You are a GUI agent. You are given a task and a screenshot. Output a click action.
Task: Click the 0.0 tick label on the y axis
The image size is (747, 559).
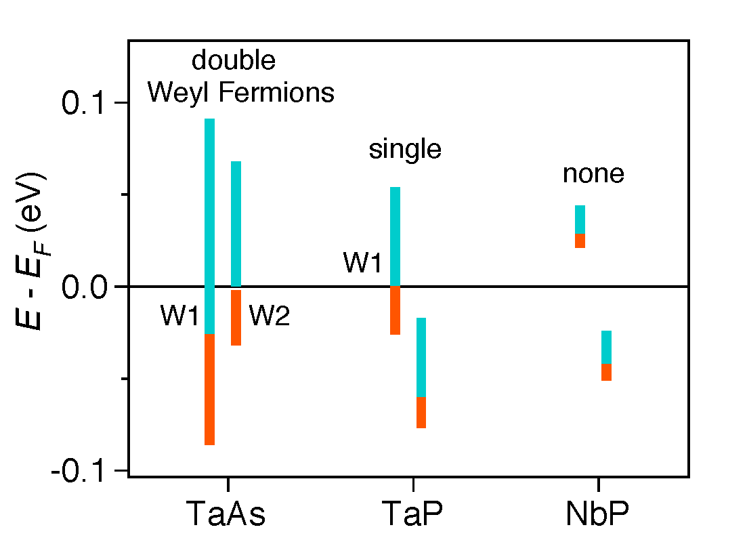click(x=85, y=287)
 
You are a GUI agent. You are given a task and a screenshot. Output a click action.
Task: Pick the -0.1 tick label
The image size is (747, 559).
click(x=81, y=470)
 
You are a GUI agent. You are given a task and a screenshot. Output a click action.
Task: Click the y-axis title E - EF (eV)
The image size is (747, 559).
click(x=30, y=251)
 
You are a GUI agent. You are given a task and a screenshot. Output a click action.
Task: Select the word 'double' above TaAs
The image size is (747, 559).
click(x=234, y=61)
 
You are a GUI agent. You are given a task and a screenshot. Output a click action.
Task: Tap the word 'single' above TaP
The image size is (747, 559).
click(x=405, y=150)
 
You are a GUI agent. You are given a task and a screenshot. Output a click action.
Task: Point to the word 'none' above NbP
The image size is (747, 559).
click(x=593, y=174)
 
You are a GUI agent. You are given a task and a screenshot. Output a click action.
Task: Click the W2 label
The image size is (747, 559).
click(x=270, y=316)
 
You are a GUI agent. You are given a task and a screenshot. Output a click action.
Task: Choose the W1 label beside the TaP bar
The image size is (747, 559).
click(x=363, y=263)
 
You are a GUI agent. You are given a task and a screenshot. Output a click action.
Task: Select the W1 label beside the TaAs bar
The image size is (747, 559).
click(x=179, y=316)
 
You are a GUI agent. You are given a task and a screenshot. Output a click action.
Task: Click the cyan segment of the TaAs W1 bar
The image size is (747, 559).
click(x=210, y=224)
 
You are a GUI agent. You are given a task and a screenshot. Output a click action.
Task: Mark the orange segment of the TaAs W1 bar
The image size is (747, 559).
click(x=210, y=390)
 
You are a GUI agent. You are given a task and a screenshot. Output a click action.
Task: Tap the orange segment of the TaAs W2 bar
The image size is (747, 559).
click(x=236, y=317)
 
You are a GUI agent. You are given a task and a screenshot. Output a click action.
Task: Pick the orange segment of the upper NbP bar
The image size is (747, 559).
click(x=580, y=241)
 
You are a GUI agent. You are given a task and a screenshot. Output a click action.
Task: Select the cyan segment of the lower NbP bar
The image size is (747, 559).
click(x=607, y=347)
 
